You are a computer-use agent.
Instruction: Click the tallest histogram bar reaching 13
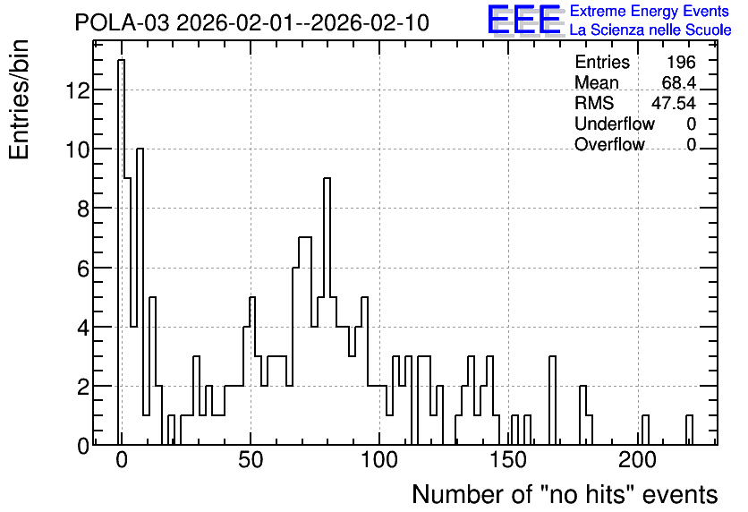click(121, 252)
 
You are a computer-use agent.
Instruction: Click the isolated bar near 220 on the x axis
click(689, 430)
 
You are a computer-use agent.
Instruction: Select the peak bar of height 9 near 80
click(327, 311)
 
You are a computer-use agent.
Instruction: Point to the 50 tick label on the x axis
click(251, 460)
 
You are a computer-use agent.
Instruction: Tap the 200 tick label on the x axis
click(637, 460)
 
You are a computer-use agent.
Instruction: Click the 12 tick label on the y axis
click(77, 90)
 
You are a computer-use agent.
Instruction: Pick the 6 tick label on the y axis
click(83, 269)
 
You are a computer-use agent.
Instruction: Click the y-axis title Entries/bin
click(19, 99)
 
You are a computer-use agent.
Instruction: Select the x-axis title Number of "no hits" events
click(565, 494)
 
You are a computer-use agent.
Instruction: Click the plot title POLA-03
click(122, 22)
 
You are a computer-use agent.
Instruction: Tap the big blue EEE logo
click(524, 20)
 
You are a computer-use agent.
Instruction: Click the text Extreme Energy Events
click(650, 11)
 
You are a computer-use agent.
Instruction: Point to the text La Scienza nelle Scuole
click(650, 30)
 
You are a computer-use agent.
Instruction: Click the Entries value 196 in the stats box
click(681, 62)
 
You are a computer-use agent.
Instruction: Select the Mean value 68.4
click(679, 82)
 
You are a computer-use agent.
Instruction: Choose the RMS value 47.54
click(674, 103)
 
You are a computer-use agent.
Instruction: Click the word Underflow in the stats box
click(615, 124)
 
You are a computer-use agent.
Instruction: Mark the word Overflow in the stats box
click(609, 144)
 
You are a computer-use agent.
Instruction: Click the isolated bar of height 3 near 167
click(552, 400)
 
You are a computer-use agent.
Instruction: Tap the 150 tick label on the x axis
click(508, 460)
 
